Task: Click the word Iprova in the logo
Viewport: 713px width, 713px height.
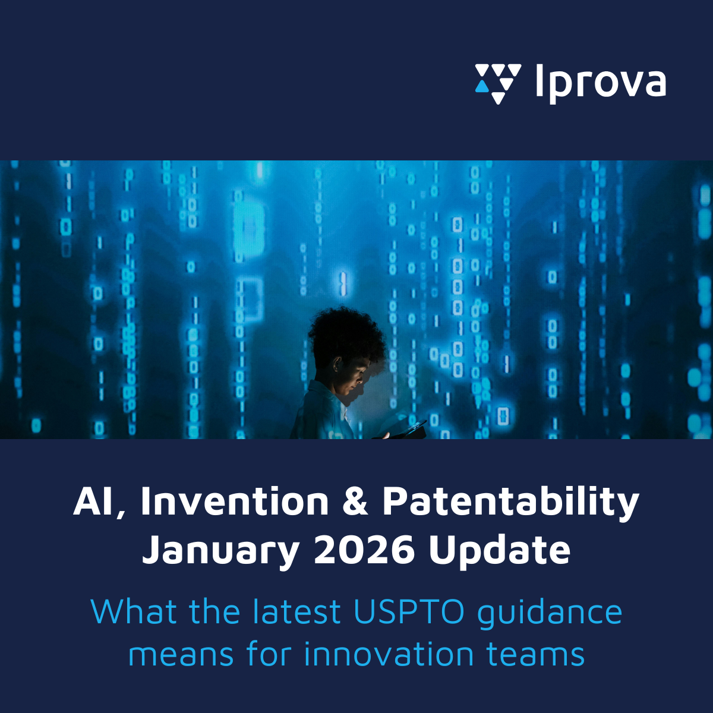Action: [601, 84]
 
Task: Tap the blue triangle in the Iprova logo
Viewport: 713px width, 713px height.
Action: [482, 87]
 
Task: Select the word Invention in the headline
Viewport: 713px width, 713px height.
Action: [235, 501]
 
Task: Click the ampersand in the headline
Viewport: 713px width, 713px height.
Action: [355, 501]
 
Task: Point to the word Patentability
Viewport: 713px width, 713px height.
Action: [511, 504]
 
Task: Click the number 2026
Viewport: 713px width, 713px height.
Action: [364, 550]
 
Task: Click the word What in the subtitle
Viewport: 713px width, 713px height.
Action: [134, 611]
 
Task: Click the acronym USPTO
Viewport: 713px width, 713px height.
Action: [409, 611]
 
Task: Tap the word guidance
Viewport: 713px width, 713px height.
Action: [550, 614]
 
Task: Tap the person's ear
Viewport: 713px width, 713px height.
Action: [337, 364]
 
